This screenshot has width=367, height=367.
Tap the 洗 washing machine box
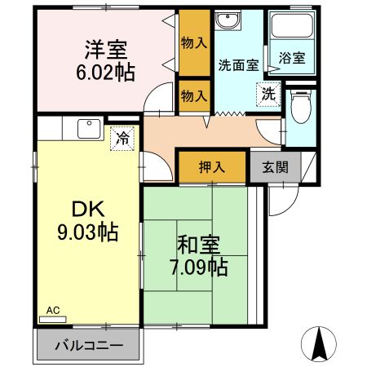click(268, 94)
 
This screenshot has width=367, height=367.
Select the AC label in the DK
click(53, 311)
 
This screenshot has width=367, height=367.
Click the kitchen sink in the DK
click(86, 129)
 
